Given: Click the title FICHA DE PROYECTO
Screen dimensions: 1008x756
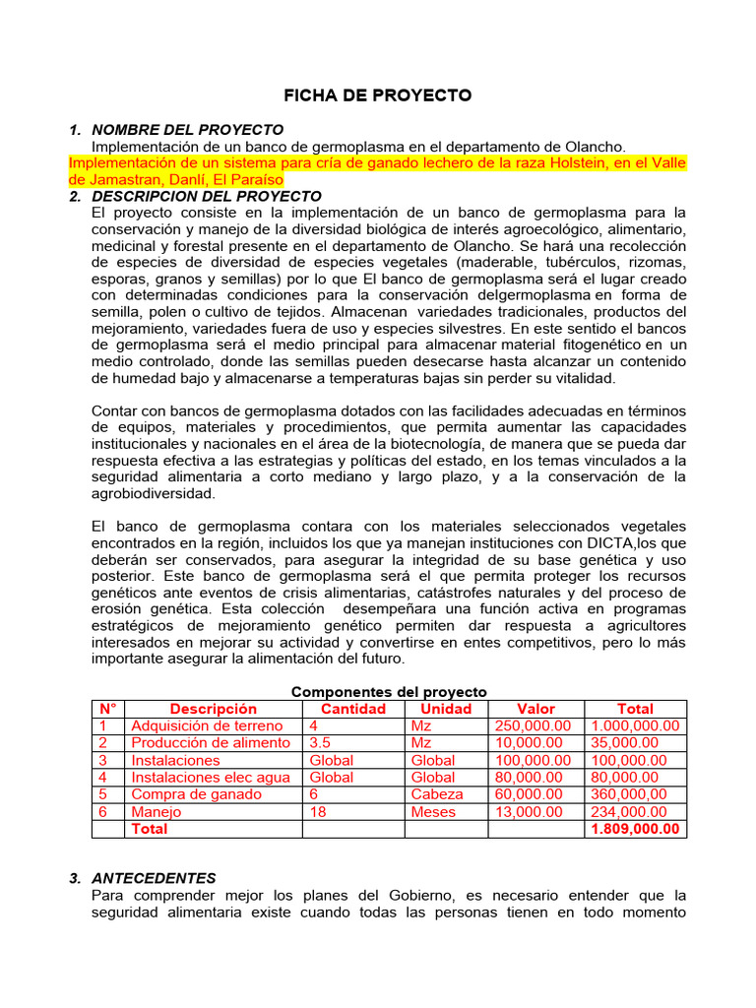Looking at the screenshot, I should click(x=378, y=95).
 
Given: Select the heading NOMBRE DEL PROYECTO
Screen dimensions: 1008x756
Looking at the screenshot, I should click(x=187, y=130).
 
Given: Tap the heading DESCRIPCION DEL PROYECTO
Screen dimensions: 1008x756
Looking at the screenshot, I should click(x=206, y=197).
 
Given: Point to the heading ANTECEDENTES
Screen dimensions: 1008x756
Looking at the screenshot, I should click(x=154, y=878).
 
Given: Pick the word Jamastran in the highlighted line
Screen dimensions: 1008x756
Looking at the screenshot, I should click(x=121, y=180).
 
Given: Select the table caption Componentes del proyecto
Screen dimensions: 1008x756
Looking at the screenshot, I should click(x=389, y=692).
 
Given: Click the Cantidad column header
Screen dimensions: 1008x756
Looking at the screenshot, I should click(x=352, y=709).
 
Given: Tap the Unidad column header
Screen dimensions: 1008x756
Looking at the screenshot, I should click(x=446, y=709).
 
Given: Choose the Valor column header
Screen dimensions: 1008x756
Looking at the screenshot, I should click(x=535, y=709).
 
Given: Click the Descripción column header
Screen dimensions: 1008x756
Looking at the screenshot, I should click(x=213, y=709).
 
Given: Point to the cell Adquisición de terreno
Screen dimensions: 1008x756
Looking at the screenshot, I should click(x=207, y=726).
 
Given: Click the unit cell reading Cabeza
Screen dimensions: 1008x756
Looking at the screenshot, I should click(x=436, y=794).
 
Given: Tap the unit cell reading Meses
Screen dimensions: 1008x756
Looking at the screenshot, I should click(x=433, y=812).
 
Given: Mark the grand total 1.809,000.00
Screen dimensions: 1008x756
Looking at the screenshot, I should click(x=635, y=829).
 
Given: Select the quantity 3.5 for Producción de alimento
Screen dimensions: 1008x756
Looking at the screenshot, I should click(x=320, y=743).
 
